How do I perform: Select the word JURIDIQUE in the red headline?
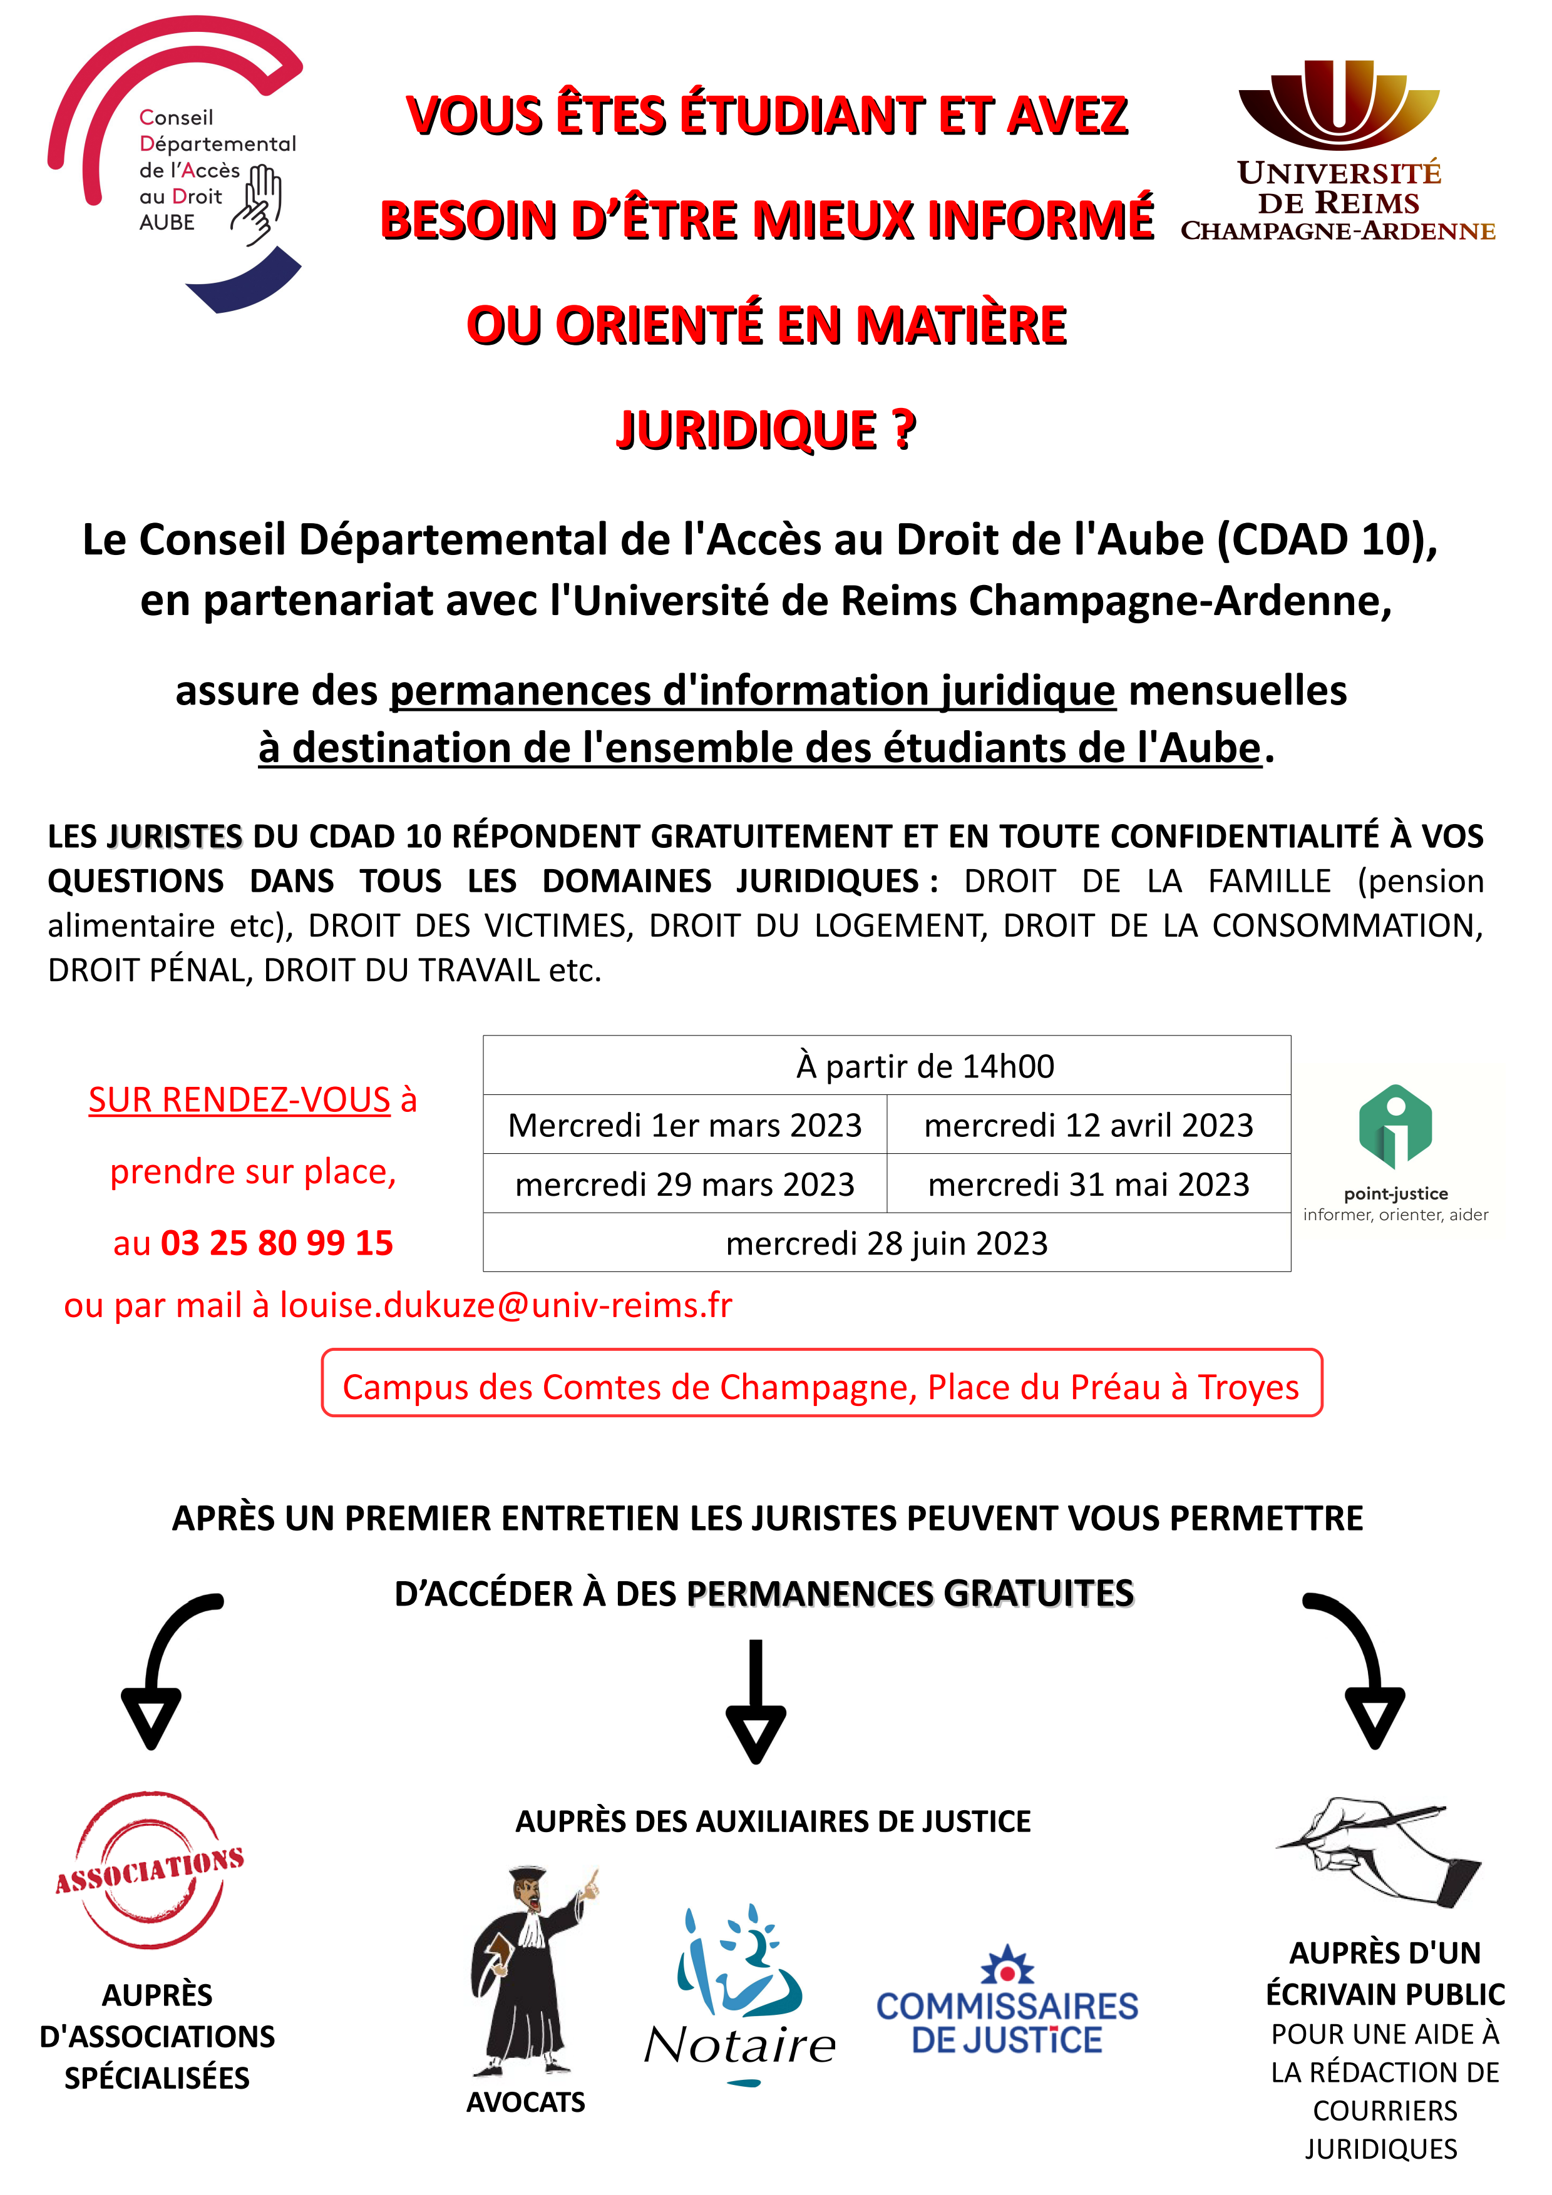746,430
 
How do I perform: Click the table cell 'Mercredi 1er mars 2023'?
685,1125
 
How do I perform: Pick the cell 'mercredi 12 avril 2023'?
1088,1125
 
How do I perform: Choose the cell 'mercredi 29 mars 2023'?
685,1184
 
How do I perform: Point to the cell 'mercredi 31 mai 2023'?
1088,1184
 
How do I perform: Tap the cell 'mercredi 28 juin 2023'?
886,1243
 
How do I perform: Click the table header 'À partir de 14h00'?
925,1066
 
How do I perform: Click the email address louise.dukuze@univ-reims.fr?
506,1305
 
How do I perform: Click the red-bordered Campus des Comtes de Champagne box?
821,1386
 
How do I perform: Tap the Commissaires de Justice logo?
1007,2003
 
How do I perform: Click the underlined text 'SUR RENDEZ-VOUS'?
239,1099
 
